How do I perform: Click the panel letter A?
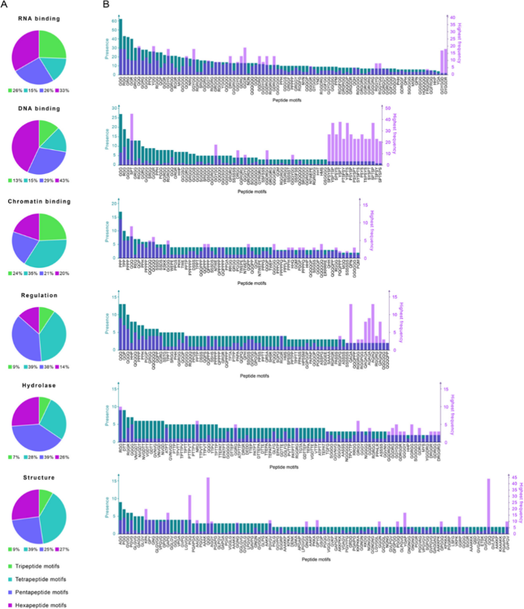tap(5, 5)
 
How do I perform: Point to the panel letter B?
tap(106, 5)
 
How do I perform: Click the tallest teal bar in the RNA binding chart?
tap(121, 46)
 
